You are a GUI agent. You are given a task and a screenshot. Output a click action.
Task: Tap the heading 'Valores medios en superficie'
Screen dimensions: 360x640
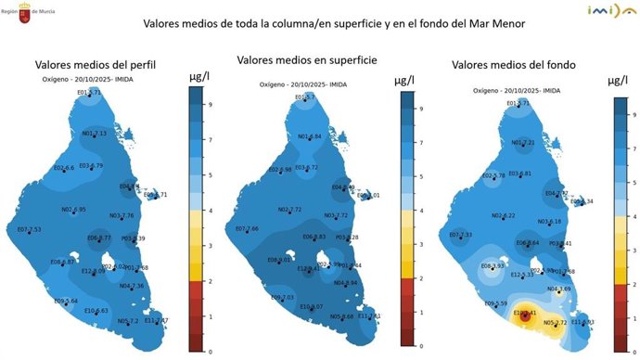(x=306, y=59)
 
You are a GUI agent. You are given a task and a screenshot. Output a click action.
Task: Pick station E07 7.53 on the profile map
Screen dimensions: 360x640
(x=29, y=229)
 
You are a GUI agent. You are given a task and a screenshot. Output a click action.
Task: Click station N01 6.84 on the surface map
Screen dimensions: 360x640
(x=309, y=137)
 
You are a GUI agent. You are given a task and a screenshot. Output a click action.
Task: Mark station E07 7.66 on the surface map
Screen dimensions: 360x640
(x=245, y=228)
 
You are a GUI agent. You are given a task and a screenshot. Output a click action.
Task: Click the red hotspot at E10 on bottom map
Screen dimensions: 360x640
(x=526, y=314)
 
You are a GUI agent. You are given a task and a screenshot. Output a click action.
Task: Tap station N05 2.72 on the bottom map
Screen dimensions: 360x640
(x=555, y=323)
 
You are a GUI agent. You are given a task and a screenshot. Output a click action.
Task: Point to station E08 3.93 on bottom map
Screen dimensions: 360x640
(x=493, y=267)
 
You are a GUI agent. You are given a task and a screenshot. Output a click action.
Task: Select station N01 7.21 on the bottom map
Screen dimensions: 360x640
(x=523, y=143)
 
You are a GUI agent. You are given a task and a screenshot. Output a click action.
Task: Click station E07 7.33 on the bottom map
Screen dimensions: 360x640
(x=461, y=235)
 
